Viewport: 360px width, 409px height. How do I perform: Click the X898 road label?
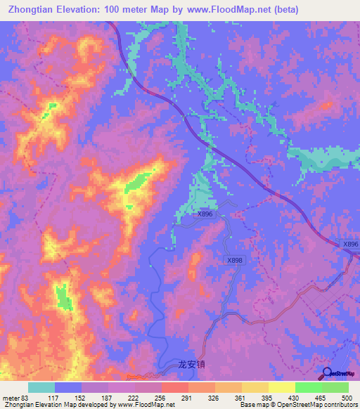[x=235, y=260]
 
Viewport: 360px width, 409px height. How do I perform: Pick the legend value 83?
[x=27, y=397]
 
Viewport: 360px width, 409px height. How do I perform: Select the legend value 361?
[x=255, y=397]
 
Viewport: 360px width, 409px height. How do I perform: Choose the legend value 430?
[x=309, y=397]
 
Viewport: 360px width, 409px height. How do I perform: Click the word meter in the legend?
[x=11, y=397]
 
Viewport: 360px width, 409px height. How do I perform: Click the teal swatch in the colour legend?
[x=41, y=387]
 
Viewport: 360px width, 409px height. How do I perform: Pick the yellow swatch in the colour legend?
[x=282, y=387]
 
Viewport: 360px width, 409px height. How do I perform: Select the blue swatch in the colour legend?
[x=68, y=387]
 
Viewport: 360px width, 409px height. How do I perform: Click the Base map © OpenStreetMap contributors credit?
[x=297, y=405]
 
